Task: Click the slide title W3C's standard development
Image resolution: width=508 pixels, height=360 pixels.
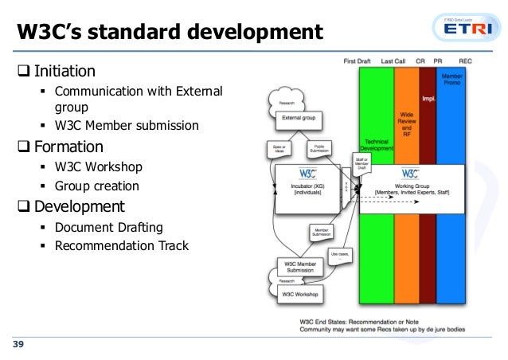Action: coord(170,33)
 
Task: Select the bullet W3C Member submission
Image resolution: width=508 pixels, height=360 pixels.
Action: coord(127,125)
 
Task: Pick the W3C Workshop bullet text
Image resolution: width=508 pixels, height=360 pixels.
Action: coord(98,166)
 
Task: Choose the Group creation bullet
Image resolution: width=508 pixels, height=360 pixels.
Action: coord(96,186)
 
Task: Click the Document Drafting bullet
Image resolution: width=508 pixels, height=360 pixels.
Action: coord(108,227)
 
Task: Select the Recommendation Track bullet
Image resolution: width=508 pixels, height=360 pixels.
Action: coord(121,245)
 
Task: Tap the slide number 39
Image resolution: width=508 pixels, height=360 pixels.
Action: coord(17,344)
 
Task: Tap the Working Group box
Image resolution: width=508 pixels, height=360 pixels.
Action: coord(409,189)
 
